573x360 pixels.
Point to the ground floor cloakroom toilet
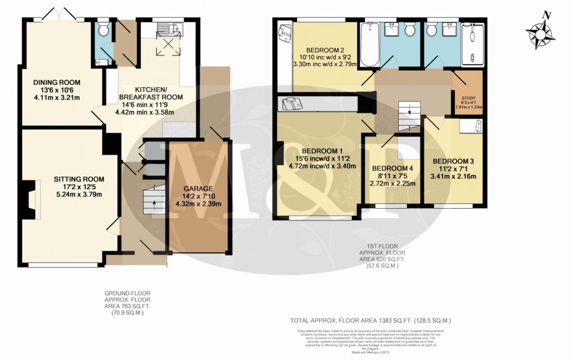click(x=103, y=29)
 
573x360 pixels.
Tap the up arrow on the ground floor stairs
click(x=154, y=204)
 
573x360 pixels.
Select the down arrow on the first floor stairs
click(x=410, y=110)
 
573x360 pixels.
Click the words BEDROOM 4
click(x=392, y=168)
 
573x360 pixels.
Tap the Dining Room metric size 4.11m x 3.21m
click(x=57, y=98)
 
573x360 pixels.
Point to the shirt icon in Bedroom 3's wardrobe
click(x=478, y=126)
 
